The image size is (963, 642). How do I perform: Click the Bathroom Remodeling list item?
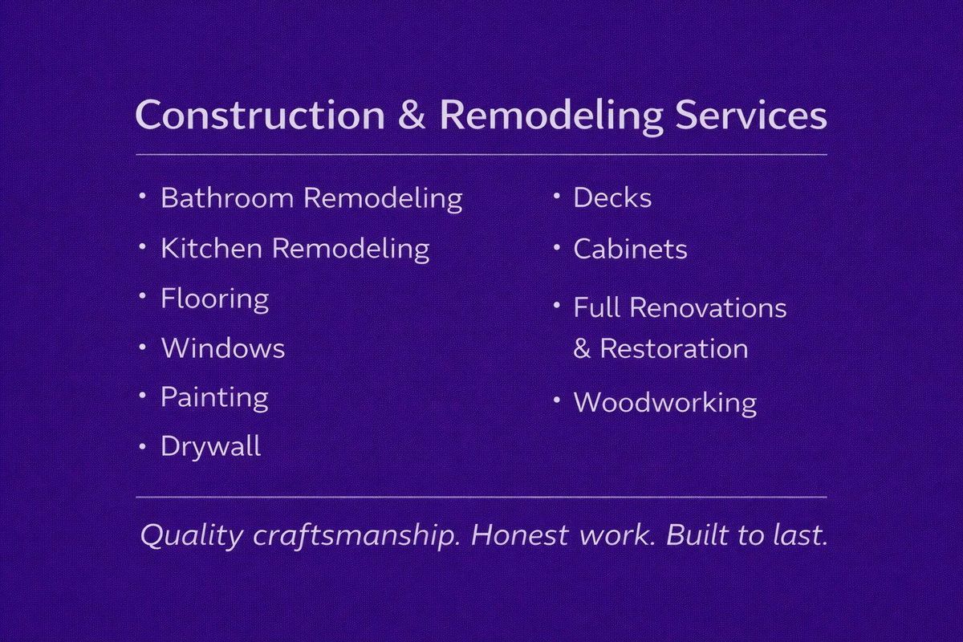pos(311,198)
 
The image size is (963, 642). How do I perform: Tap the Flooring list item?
pos(214,299)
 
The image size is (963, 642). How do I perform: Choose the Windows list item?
pos(222,348)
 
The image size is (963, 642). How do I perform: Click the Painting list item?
pos(214,398)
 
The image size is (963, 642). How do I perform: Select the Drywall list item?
pos(210,447)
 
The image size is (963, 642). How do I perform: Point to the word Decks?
pos(612,198)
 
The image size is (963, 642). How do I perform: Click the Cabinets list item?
pos(630,249)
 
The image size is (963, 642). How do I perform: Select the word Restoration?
pos(674,349)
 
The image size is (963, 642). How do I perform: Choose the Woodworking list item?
pos(664,402)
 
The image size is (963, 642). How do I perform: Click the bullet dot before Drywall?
pos(143,445)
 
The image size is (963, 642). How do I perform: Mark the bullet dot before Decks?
pos(555,196)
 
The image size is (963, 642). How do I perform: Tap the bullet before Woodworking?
pos(555,400)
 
